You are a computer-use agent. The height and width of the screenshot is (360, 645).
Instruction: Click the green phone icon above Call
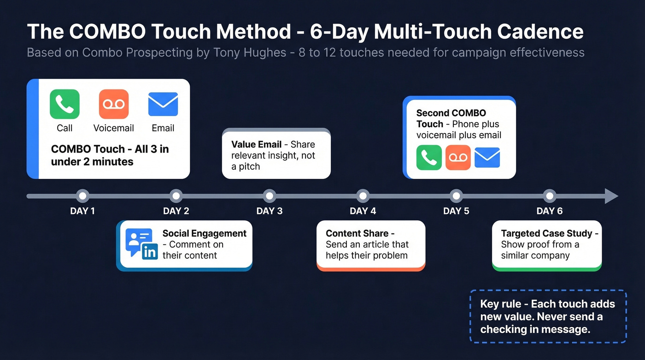[64, 104]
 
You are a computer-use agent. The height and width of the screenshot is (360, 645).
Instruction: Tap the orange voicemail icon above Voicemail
[113, 104]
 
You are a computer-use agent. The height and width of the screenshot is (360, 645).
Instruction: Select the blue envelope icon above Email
[163, 104]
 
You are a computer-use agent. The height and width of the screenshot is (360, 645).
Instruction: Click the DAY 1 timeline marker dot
[82, 196]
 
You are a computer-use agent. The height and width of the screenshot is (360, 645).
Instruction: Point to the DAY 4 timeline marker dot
[363, 196]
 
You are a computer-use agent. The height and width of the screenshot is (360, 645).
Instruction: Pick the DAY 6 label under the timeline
[549, 211]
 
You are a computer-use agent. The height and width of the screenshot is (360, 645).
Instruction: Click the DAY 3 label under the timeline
[269, 211]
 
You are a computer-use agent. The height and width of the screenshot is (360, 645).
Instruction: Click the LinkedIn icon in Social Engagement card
[150, 252]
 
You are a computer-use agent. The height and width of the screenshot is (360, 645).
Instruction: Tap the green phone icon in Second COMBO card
[429, 158]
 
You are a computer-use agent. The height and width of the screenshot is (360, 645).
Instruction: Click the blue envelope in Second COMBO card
[487, 158]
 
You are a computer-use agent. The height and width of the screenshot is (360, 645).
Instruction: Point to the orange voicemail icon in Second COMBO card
[458, 158]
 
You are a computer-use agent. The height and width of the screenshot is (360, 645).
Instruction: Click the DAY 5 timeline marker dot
[456, 196]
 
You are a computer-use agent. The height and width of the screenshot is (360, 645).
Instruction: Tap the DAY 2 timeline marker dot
[176, 196]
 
